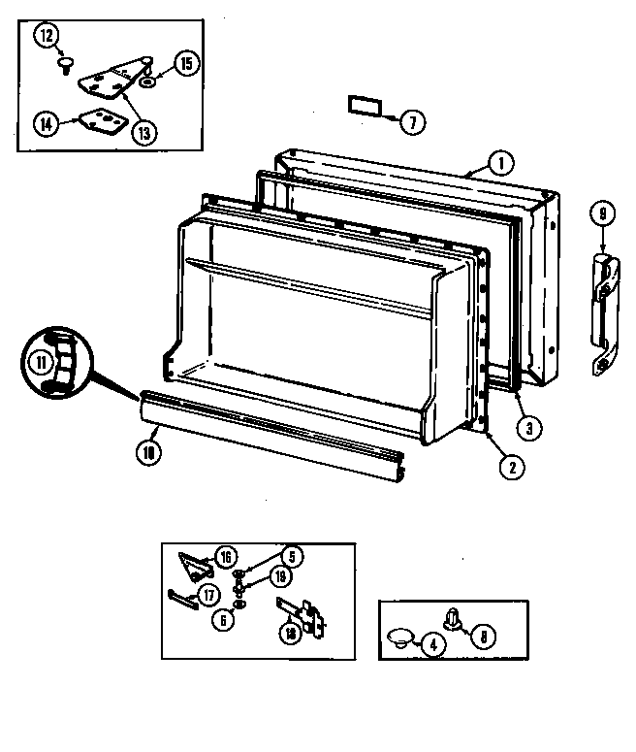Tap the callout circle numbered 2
[x=505, y=466]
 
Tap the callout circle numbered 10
[x=148, y=451]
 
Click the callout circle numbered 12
[x=47, y=36]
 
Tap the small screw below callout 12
[x=65, y=65]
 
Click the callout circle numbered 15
[x=186, y=65]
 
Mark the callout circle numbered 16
[x=225, y=556]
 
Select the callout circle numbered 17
[x=207, y=595]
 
